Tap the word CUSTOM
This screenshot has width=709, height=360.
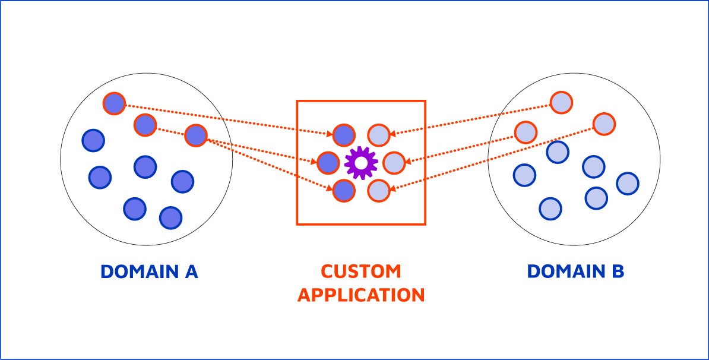[361, 271]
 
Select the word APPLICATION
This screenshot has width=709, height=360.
[361, 295]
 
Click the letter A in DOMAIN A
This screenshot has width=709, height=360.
[190, 271]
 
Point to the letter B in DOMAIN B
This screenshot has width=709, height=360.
[617, 271]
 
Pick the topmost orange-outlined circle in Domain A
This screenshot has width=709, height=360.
[114, 103]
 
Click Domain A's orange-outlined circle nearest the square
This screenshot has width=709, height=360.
[195, 135]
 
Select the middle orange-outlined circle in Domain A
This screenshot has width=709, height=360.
[145, 125]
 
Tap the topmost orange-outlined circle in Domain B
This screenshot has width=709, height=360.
[561, 103]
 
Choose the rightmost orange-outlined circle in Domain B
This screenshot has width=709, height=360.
[604, 124]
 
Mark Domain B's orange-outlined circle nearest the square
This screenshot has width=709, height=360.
[526, 132]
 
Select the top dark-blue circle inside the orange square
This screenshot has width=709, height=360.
[344, 135]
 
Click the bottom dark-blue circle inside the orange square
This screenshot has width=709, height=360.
[344, 190]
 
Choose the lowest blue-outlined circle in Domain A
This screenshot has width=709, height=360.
[170, 218]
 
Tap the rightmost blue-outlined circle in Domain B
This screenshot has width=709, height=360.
[628, 184]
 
